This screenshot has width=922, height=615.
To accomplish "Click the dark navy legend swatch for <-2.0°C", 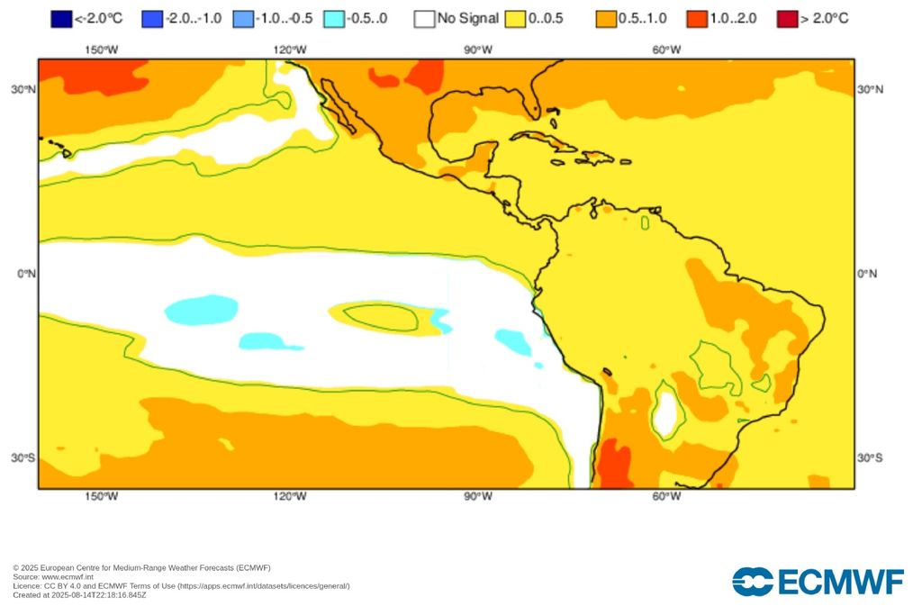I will (60, 18).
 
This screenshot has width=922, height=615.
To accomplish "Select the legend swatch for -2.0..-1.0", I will (152, 18).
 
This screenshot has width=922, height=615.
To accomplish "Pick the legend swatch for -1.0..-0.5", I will (243, 18).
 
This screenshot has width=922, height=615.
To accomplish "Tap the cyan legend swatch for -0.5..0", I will (334, 18).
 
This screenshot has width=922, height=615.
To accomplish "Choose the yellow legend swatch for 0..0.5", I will (516, 18).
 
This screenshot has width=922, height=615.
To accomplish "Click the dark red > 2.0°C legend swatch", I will (788, 18).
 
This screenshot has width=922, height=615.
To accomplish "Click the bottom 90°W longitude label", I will (478, 496).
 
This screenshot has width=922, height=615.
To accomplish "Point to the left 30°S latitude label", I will (23, 457).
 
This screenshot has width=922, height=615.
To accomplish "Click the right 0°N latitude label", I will (866, 273).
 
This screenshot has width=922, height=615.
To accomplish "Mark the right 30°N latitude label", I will (869, 89).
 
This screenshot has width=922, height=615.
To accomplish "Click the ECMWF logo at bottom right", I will (817, 582).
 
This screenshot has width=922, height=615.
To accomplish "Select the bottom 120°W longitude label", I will (290, 496).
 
